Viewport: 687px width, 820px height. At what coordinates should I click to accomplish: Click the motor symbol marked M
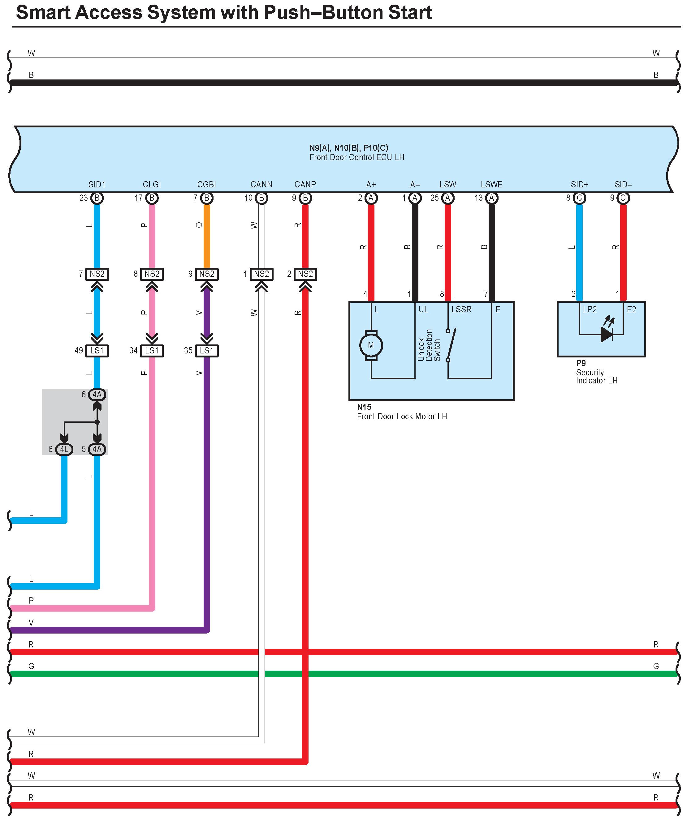click(371, 345)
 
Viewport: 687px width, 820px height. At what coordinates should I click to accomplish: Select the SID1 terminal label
click(97, 184)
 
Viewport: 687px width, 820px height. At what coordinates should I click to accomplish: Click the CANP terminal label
click(305, 184)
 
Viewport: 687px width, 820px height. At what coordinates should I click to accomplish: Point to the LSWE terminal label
click(492, 184)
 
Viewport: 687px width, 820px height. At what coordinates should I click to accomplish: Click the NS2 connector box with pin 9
click(207, 274)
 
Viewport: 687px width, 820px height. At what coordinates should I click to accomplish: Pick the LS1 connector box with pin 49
click(97, 351)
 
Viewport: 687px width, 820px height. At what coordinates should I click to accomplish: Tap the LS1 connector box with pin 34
click(152, 351)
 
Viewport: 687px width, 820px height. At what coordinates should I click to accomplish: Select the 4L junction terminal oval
click(64, 449)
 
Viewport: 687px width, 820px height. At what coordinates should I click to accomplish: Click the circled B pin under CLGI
click(152, 198)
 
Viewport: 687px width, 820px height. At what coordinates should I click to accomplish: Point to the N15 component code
click(364, 407)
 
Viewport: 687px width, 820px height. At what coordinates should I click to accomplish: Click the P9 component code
click(581, 363)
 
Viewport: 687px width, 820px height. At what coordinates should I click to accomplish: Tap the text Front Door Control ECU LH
click(357, 157)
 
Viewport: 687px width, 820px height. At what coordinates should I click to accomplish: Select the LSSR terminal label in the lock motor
click(461, 309)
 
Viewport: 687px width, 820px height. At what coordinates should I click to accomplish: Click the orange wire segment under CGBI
click(207, 236)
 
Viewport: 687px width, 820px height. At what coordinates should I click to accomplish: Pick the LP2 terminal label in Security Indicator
click(590, 309)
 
